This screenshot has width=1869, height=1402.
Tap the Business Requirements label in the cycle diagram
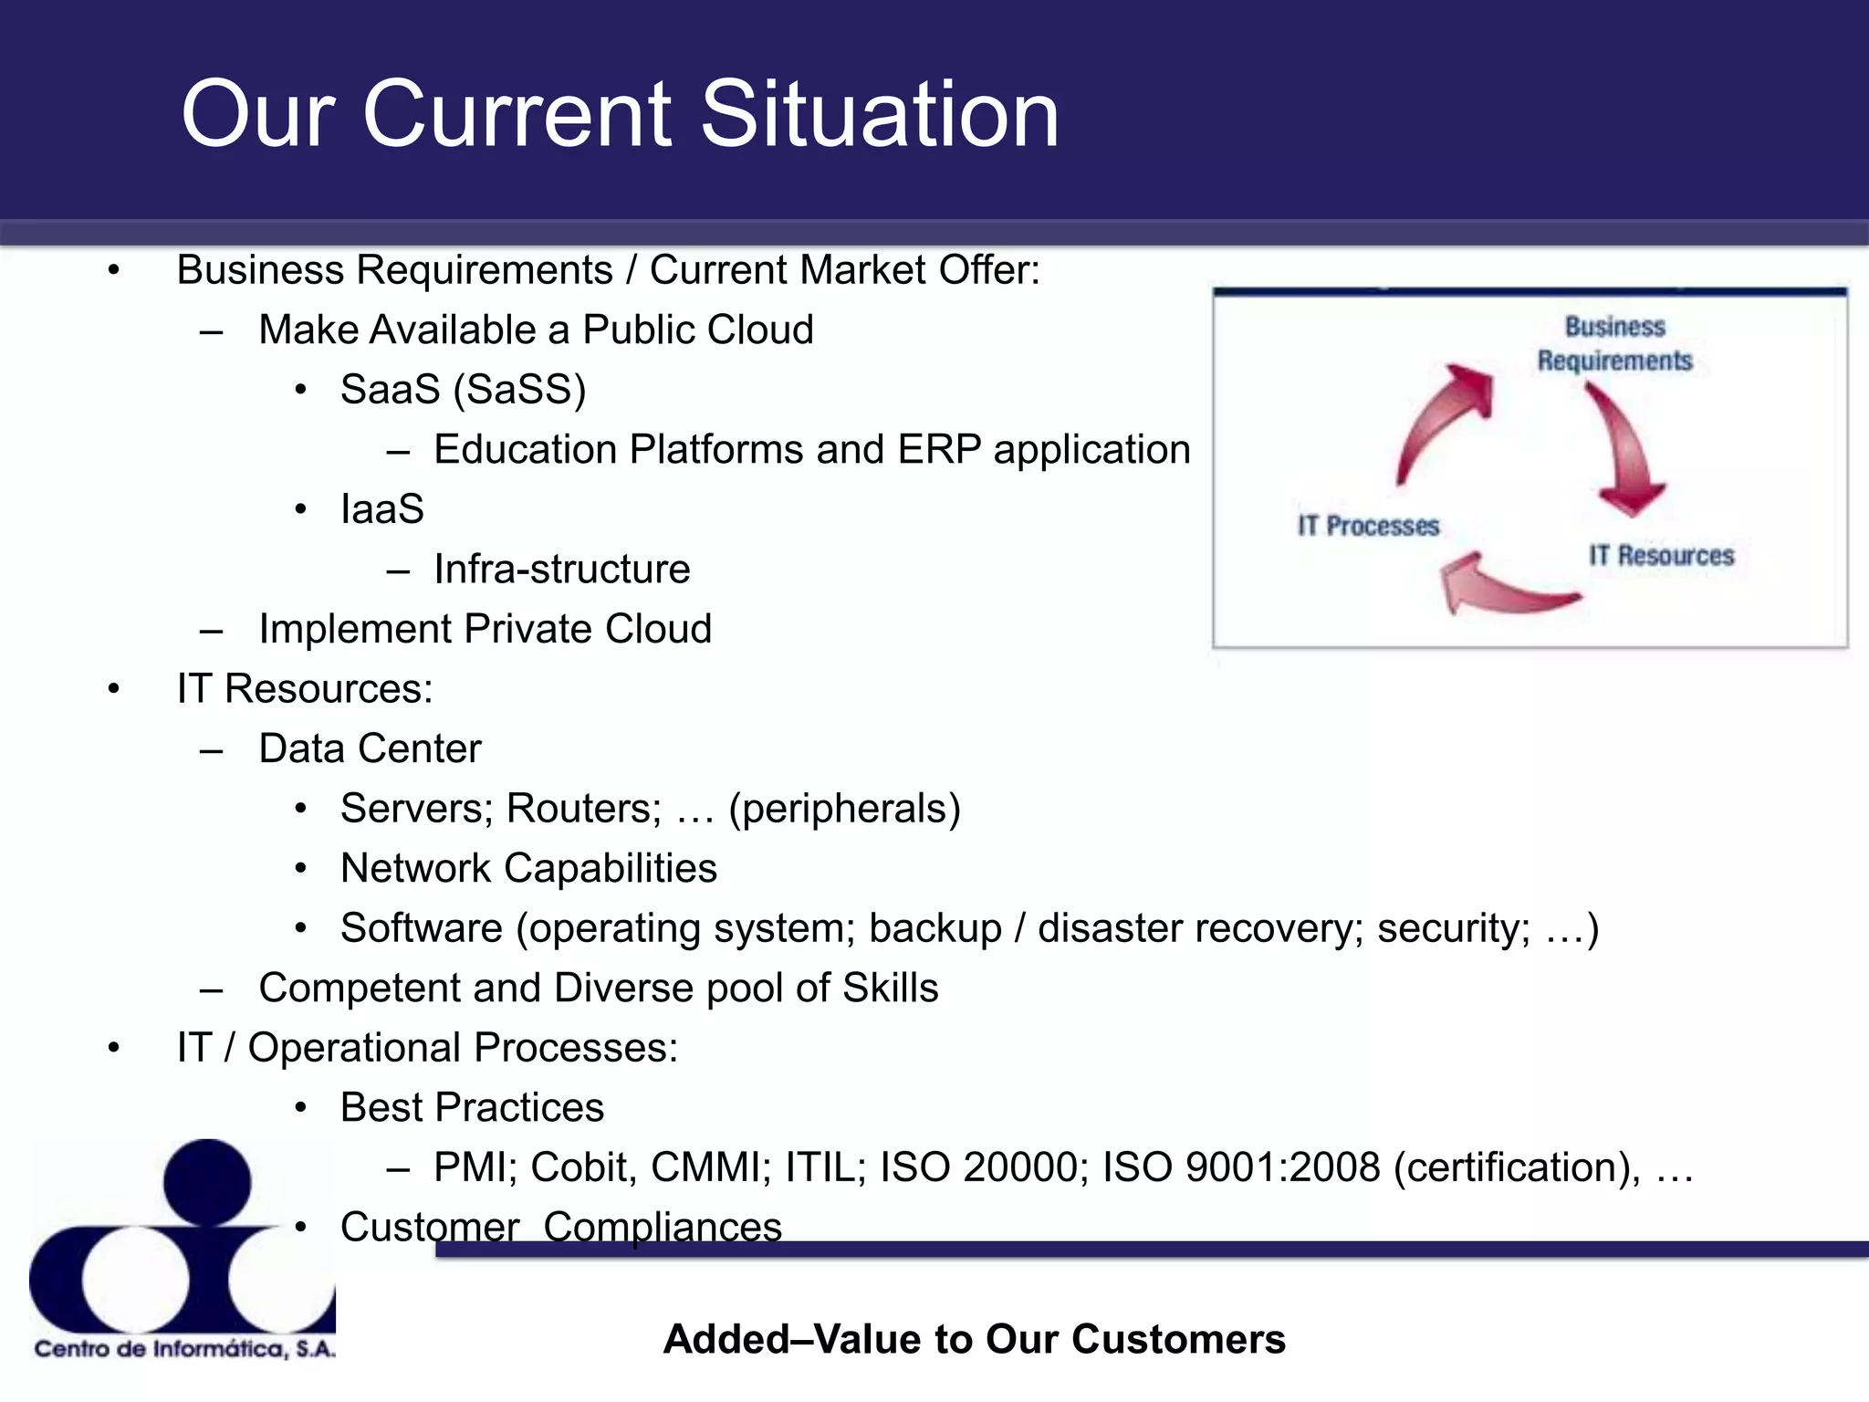pyautogui.click(x=1613, y=343)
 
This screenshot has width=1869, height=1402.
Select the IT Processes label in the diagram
pyautogui.click(x=1368, y=526)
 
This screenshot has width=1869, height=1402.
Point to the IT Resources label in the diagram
pyautogui.click(x=1661, y=555)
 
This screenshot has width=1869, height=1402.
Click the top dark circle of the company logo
pyautogui.click(x=207, y=1182)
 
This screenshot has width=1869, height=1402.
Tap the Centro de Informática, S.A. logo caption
pyautogui.click(x=185, y=1348)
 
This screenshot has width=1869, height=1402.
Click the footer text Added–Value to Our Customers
pyautogui.click(x=974, y=1339)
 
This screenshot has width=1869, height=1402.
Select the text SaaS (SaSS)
pyautogui.click(x=463, y=390)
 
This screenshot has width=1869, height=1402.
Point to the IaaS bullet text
pyautogui.click(x=381, y=509)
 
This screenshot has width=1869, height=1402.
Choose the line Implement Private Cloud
pyautogui.click(x=485, y=629)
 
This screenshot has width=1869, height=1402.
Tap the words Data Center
pyautogui.click(x=370, y=748)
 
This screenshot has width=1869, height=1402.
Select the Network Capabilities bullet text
pyautogui.click(x=528, y=868)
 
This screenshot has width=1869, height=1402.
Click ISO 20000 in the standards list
pyautogui.click(x=984, y=1167)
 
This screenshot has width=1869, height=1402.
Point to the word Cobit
pyautogui.click(x=583, y=1167)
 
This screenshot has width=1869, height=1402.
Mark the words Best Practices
pyautogui.click(x=472, y=1107)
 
